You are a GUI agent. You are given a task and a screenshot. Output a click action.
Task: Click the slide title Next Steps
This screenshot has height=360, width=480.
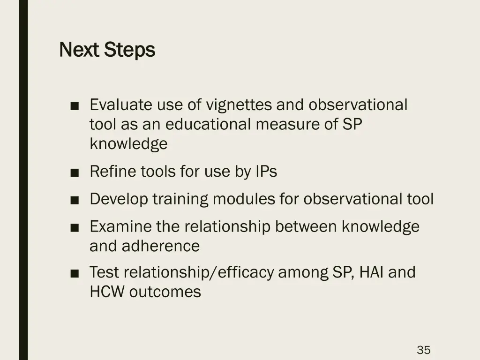[107, 50]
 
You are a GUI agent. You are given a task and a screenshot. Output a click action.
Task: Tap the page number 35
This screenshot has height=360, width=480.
[423, 350]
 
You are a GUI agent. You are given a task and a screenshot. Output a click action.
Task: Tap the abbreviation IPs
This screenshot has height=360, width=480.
[266, 172]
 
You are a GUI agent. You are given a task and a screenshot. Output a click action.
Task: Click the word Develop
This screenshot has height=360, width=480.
[119, 199]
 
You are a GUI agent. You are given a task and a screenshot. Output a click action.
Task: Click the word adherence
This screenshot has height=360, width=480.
[161, 246]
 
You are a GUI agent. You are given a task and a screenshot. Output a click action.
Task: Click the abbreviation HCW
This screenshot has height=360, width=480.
[107, 292]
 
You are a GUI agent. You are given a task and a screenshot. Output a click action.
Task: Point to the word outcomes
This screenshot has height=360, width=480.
[165, 292]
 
